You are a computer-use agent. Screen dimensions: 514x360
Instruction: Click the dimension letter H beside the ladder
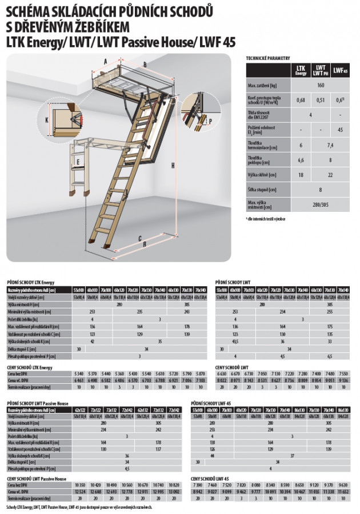tap(171, 166)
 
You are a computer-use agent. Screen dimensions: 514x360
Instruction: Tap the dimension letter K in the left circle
tap(46, 120)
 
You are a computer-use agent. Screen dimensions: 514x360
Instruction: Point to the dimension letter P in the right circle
tap(210, 122)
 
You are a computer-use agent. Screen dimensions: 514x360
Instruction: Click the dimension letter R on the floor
tap(144, 244)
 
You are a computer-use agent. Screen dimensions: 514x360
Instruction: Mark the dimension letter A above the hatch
tap(106, 59)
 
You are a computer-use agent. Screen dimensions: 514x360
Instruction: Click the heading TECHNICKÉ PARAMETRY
tap(268, 58)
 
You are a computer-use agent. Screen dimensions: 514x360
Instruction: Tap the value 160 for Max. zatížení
tap(321, 85)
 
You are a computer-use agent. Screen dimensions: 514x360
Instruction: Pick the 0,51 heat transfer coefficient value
tap(321, 100)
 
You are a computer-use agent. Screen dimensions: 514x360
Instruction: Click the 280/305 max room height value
tap(321, 204)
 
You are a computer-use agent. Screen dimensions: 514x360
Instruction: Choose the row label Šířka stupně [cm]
tap(260, 189)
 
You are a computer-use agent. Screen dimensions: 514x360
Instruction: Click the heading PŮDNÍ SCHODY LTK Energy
tap(31, 282)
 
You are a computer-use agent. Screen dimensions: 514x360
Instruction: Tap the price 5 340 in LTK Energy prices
tap(78, 373)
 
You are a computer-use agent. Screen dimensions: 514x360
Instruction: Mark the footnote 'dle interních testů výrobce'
tap(265, 219)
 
